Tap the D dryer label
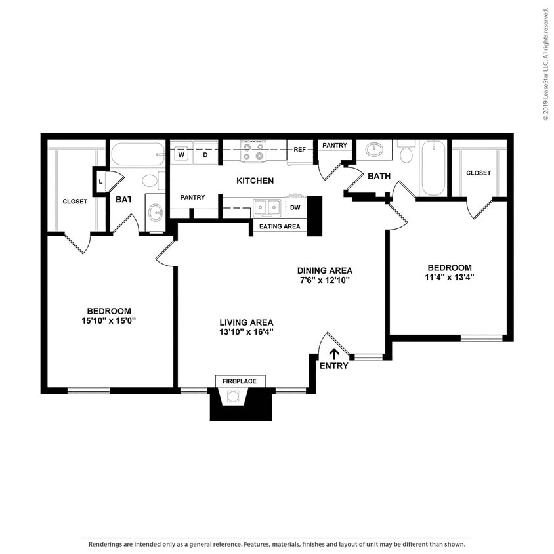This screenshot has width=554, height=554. point(205,156)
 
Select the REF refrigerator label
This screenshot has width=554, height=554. point(300,150)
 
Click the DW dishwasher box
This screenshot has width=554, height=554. point(295,207)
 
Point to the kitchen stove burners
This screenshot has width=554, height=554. point(253,152)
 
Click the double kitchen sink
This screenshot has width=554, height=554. point(267,207)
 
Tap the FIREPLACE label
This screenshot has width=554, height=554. point(240,381)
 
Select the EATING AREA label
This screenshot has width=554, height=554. point(280,226)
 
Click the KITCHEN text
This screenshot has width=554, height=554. point(255,181)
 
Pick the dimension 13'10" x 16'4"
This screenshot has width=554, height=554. point(246,331)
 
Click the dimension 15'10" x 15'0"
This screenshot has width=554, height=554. point(109,320)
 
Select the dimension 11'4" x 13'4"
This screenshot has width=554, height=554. point(450,277)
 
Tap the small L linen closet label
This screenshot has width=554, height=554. point(100,181)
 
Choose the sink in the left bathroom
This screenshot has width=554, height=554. point(156,212)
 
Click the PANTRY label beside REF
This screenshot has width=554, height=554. point(335,145)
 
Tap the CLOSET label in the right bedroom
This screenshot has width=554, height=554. point(479,173)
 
